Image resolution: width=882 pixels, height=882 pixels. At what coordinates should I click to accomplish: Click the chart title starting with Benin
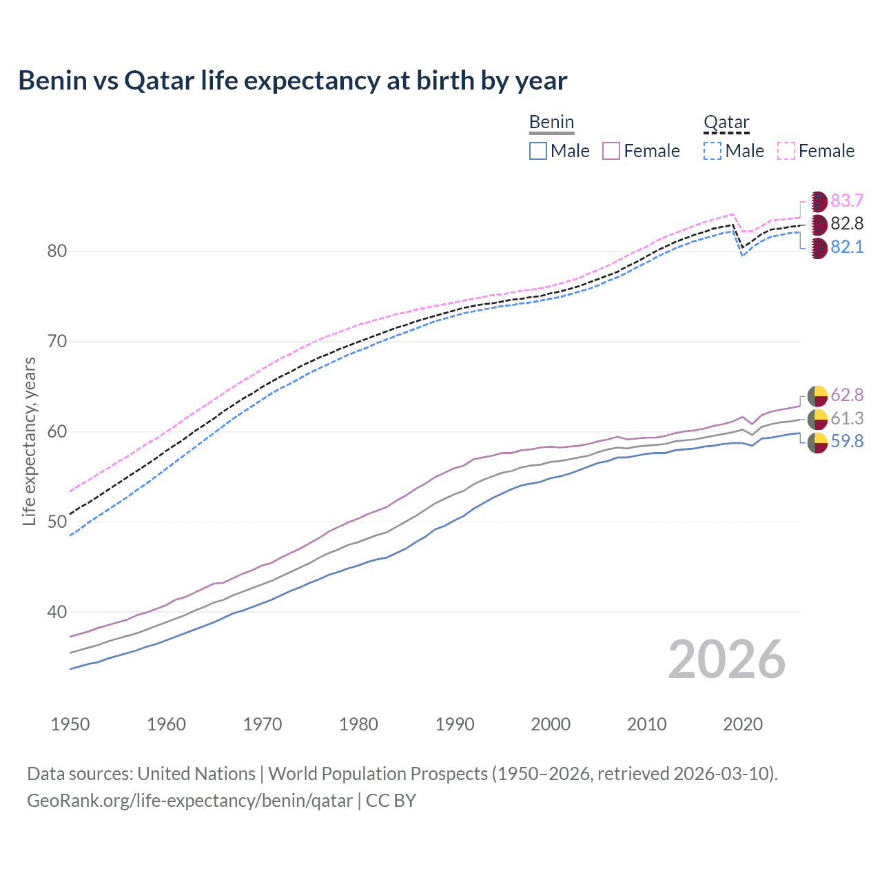[292, 81]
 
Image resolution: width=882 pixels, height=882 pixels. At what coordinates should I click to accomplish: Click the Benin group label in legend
[551, 123]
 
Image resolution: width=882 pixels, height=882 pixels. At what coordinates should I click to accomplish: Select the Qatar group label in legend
[726, 123]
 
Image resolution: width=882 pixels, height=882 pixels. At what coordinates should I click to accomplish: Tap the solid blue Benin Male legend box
[538, 151]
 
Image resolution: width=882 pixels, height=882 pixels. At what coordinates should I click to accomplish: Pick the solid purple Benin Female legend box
[611, 151]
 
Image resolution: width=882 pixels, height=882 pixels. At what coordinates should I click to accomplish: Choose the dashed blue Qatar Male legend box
[712, 151]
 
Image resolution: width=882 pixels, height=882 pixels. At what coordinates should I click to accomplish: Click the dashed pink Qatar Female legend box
[786, 151]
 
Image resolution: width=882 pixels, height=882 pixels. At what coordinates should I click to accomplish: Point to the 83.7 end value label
[847, 201]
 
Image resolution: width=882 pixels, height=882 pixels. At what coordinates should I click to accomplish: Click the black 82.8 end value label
[847, 223]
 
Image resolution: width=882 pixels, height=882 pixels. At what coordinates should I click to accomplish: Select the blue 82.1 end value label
[847, 247]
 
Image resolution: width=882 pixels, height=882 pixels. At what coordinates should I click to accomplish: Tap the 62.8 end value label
[847, 395]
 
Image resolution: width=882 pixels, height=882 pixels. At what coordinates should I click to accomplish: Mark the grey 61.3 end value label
[847, 418]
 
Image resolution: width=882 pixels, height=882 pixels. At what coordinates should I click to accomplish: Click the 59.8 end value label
[847, 441]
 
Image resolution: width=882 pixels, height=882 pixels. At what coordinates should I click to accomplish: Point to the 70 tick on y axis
[57, 341]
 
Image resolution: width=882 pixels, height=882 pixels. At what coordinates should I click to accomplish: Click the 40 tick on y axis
[57, 612]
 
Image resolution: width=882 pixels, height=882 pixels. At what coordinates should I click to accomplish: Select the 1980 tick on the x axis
[358, 724]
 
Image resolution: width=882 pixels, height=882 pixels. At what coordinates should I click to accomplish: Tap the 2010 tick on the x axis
[646, 724]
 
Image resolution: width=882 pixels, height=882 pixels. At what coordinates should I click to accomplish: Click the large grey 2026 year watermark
[727, 659]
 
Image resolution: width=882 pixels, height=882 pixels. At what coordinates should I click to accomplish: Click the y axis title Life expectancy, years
[29, 441]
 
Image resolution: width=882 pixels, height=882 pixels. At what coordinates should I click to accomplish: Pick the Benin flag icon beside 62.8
[817, 396]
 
